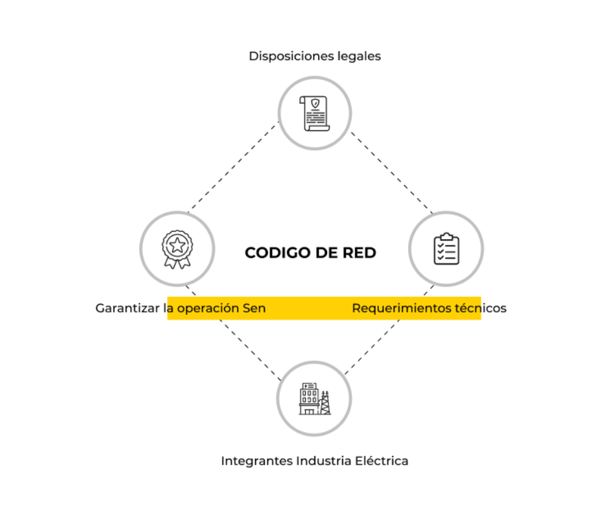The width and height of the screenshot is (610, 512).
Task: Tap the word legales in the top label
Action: pyautogui.click(x=359, y=56)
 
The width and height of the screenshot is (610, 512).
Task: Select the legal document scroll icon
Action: pyautogui.click(x=315, y=113)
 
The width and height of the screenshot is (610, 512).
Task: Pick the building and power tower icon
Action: pyautogui.click(x=315, y=398)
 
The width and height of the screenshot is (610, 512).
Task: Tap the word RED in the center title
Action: pyautogui.click(x=361, y=253)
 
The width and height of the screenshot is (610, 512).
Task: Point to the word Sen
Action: pyautogui.click(x=254, y=308)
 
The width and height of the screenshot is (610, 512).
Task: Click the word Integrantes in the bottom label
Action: pyautogui.click(x=256, y=461)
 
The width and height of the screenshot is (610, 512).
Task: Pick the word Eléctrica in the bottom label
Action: pyautogui.click(x=382, y=461)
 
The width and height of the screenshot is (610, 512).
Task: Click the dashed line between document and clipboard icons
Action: pyautogui.click(x=391, y=172)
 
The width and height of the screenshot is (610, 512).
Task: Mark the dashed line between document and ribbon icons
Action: pyautogui.click(x=234, y=168)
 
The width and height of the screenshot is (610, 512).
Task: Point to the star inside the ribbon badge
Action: pyautogui.click(x=177, y=245)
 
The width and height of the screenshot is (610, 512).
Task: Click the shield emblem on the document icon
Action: pyautogui.click(x=315, y=103)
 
